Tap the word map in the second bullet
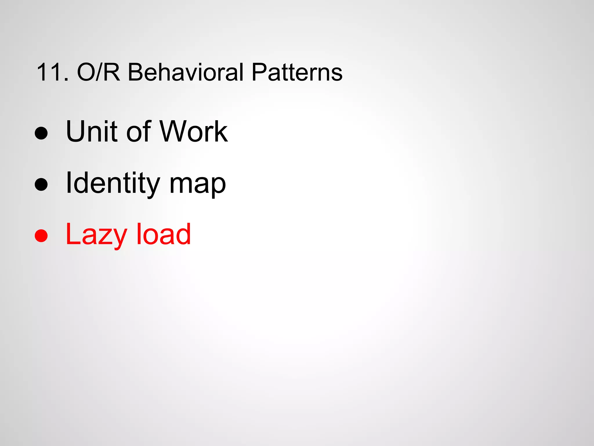pos(198,186)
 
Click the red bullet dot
pos(41,235)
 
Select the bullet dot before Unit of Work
pos(41,133)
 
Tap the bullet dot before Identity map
pos(41,184)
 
